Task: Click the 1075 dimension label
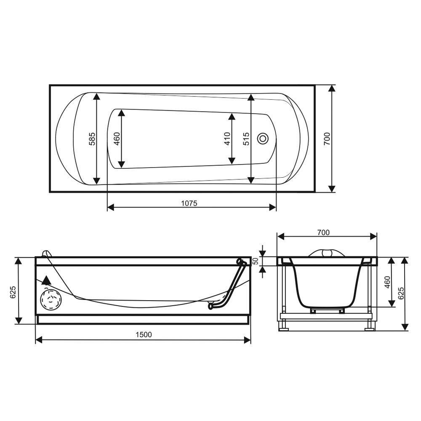[x=189, y=203]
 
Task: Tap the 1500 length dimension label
[x=144, y=335]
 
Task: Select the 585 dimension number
[x=92, y=139]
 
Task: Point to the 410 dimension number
[x=227, y=139]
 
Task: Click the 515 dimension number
[x=246, y=139]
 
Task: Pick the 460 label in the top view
[x=117, y=139]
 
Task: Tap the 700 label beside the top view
[x=327, y=139]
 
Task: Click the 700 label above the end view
[x=323, y=232]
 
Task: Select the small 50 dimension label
[x=256, y=261]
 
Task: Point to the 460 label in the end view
[x=387, y=282]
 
